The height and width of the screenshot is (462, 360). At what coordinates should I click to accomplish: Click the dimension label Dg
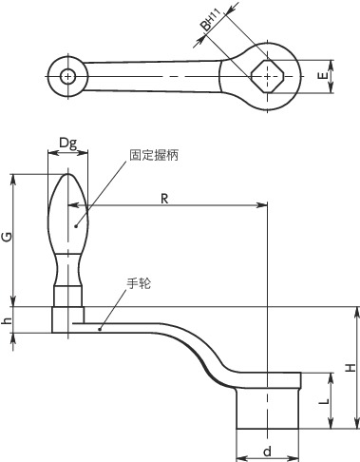[x=68, y=144]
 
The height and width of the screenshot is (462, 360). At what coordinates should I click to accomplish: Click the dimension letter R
[x=164, y=199]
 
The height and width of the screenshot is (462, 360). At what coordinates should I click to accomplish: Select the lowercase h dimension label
[x=7, y=320]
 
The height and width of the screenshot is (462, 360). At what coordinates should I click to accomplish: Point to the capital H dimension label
[x=351, y=368]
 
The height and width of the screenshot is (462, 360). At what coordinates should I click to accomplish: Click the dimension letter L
[x=324, y=401]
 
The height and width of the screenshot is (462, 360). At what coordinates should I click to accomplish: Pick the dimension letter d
[x=268, y=451]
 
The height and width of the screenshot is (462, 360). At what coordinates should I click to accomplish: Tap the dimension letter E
[x=323, y=76]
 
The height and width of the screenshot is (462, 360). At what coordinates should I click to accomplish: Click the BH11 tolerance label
[x=211, y=20]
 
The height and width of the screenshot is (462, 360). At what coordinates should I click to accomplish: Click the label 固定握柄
[x=154, y=155]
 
